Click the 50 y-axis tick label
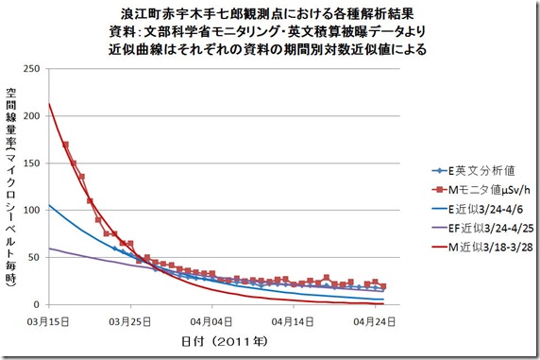tap(37, 257)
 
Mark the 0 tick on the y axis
tap(40, 304)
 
